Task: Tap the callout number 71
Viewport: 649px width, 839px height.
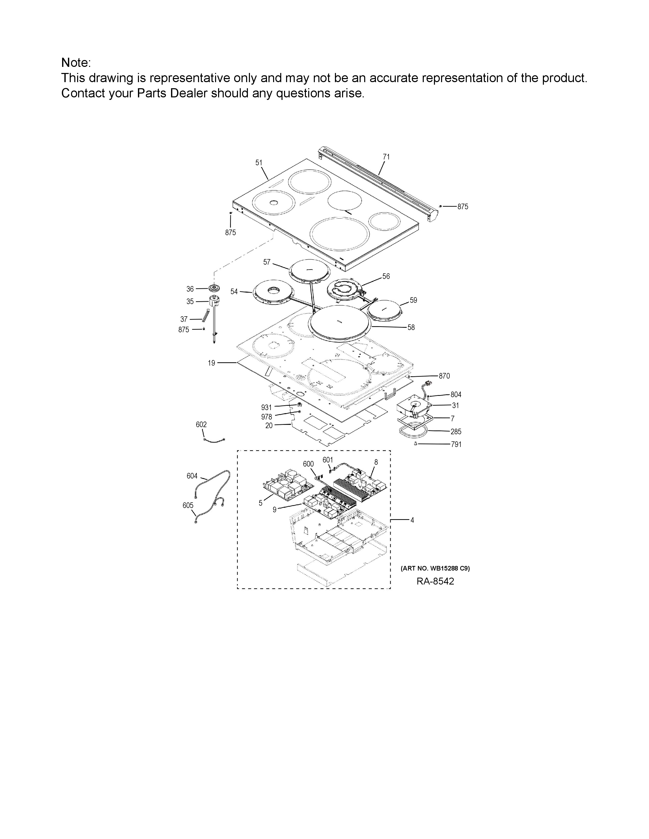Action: (x=386, y=157)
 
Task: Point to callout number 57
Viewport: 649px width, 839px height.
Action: (x=267, y=262)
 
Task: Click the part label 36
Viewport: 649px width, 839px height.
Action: (x=190, y=289)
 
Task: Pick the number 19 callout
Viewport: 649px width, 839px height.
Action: (x=211, y=363)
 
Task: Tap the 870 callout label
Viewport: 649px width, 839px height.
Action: (x=444, y=376)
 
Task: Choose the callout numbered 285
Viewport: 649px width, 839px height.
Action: (x=456, y=431)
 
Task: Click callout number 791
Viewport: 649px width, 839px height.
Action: (x=456, y=444)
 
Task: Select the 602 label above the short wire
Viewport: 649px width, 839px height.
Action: (x=201, y=425)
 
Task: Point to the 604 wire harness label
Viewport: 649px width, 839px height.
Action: (x=192, y=476)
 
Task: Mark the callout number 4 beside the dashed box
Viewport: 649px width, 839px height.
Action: (x=412, y=520)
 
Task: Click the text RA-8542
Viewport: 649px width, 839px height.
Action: (x=435, y=581)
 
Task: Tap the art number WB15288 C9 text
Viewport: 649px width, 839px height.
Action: (x=435, y=568)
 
